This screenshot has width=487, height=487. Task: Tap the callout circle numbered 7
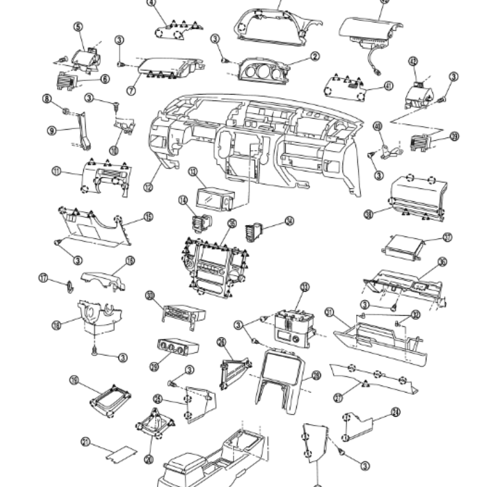pyautogui.click(x=130, y=91)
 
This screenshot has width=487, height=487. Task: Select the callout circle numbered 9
pyautogui.click(x=52, y=129)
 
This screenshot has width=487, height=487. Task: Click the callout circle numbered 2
pyautogui.click(x=315, y=57)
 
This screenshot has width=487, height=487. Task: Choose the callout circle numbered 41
pyautogui.click(x=388, y=86)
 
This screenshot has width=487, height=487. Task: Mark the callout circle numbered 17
pyautogui.click(x=43, y=278)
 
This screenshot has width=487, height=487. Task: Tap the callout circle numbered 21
pyautogui.click(x=85, y=442)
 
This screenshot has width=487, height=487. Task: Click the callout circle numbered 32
pyautogui.click(x=416, y=314)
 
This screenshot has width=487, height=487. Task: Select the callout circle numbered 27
pyautogui.click(x=338, y=398)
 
